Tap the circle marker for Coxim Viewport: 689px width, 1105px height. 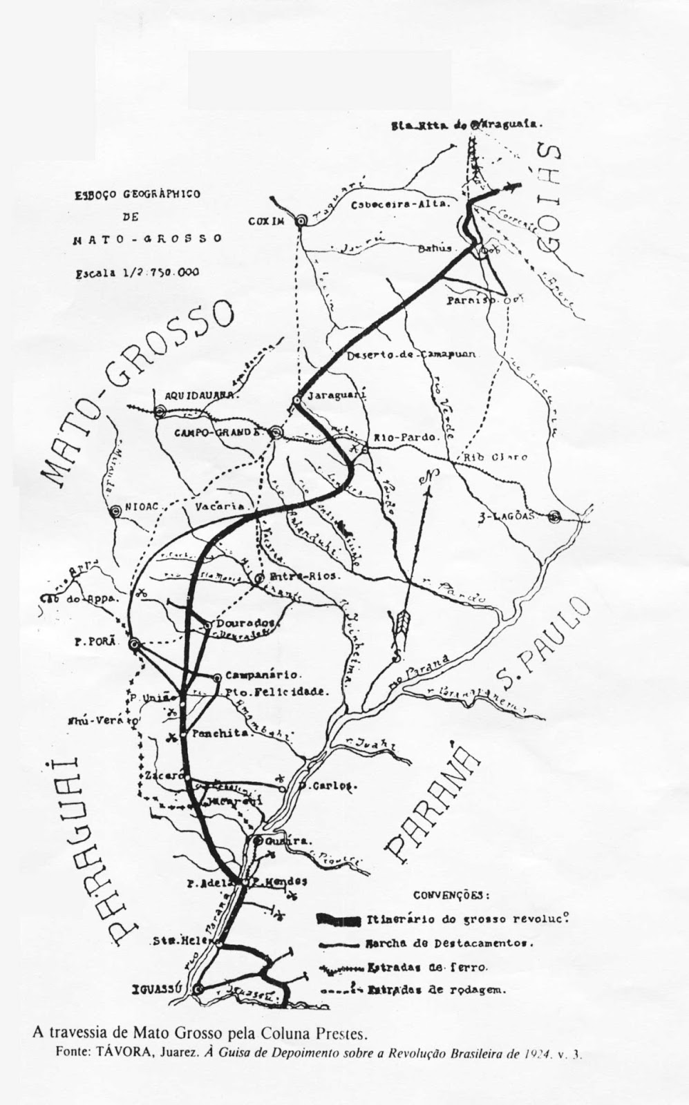tap(301, 220)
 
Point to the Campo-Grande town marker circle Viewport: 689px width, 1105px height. tap(276, 433)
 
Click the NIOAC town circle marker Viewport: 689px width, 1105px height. tap(115, 512)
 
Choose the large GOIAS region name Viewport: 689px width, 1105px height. tap(554, 200)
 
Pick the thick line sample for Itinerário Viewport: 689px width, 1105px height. tap(339, 920)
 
